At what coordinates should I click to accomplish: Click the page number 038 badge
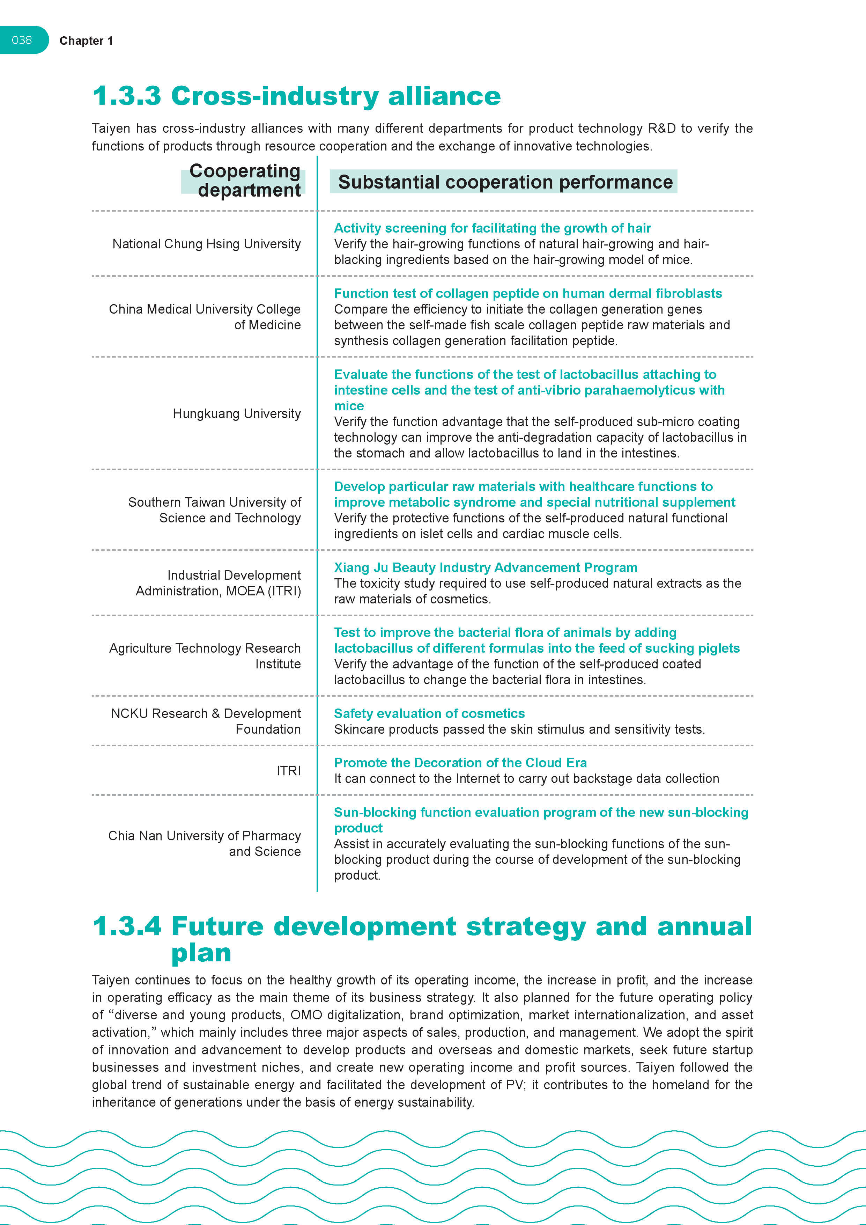(22, 40)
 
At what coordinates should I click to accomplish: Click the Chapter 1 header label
(86, 41)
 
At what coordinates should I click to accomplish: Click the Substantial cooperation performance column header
(505, 182)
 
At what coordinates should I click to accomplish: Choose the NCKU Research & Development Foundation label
(206, 721)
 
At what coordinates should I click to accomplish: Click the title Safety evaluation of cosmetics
(429, 713)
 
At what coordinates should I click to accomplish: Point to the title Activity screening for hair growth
(492, 228)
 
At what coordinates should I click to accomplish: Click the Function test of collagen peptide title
(527, 293)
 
